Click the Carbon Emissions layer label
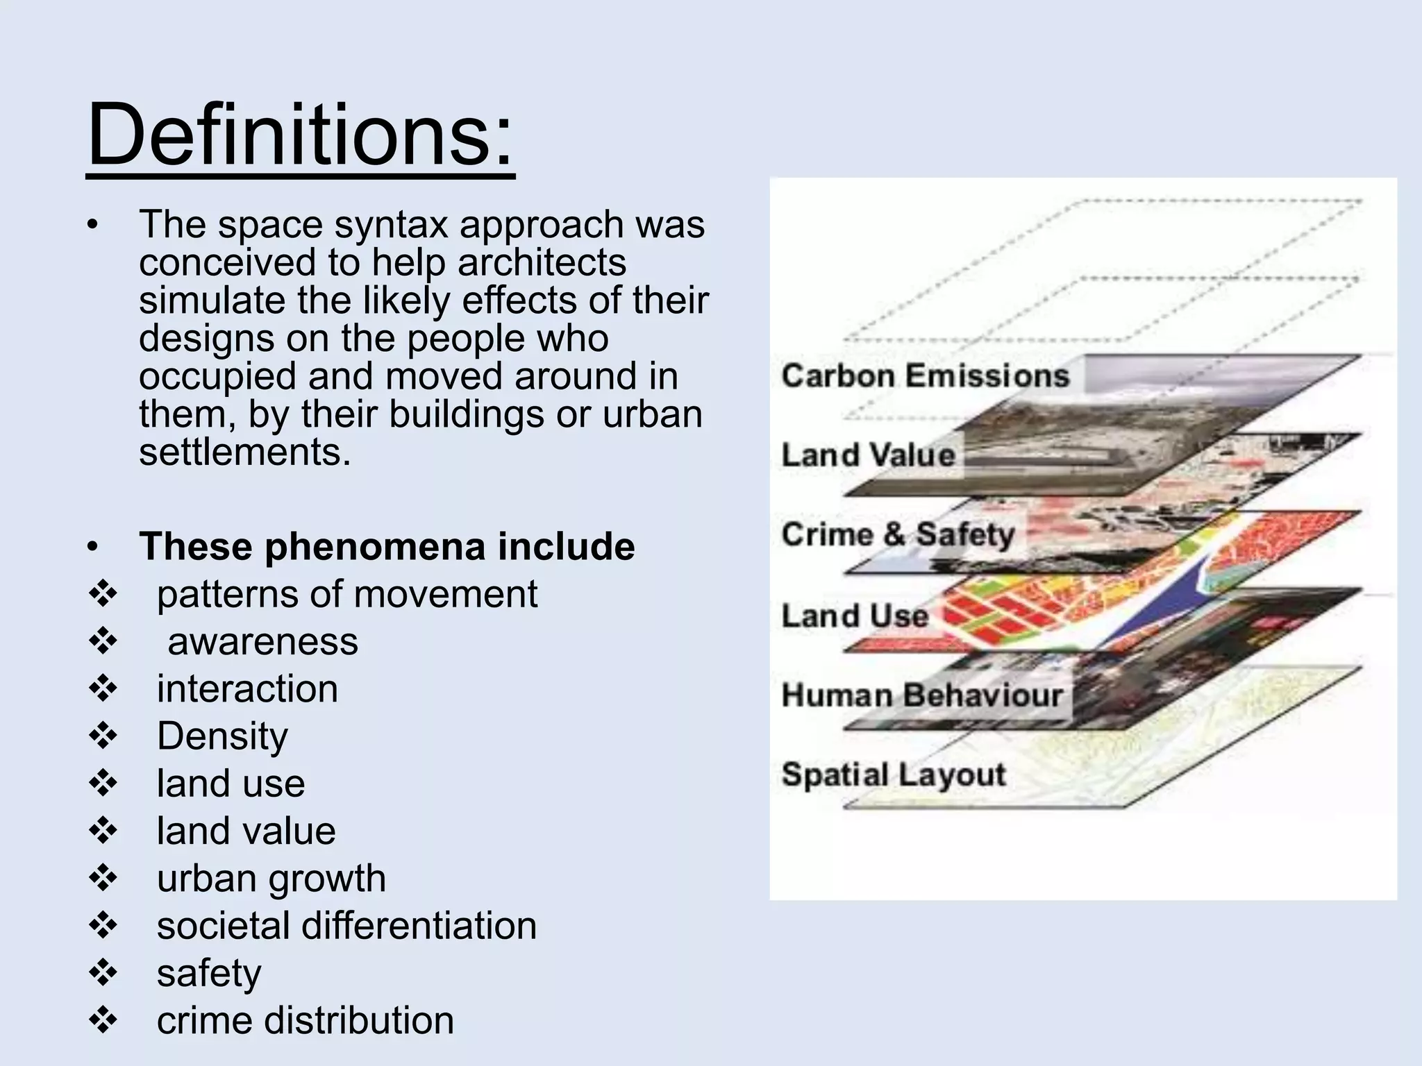click(x=925, y=376)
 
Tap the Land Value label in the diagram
click(x=869, y=455)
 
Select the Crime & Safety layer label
click(x=898, y=534)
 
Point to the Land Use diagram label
click(x=855, y=616)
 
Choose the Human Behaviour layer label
click(x=922, y=695)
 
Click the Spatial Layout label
click(x=894, y=775)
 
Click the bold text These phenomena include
click(x=387, y=546)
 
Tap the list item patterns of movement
click(x=346, y=594)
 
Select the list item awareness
click(x=262, y=641)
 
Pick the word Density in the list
click(x=222, y=736)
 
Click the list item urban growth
click(x=271, y=879)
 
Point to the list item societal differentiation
click(x=346, y=926)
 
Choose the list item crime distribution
click(x=305, y=1020)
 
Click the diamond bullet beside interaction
click(x=103, y=689)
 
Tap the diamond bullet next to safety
click(x=103, y=973)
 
